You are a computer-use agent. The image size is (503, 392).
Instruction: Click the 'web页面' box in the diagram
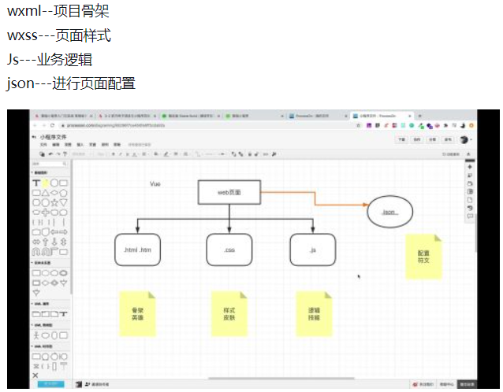pos(229,192)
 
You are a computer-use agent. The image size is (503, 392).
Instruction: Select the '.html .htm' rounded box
pos(137,250)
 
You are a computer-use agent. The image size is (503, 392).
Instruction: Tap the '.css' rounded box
pos(229,250)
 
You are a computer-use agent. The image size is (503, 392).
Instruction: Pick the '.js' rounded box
pos(312,250)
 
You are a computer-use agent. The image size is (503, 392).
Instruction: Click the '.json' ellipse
pos(389,212)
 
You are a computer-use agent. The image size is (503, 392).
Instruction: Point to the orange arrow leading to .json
pos(315,199)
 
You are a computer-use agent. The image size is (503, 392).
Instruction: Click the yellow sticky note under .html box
pos(138,314)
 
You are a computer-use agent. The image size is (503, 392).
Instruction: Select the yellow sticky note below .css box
pos(229,314)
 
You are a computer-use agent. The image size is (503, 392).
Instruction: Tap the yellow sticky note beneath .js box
pos(314,314)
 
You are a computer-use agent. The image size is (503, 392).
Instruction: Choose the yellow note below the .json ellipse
pos(423,256)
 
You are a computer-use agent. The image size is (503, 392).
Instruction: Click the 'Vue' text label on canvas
pos(155,183)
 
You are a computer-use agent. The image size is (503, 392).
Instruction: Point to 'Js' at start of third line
pos(13,60)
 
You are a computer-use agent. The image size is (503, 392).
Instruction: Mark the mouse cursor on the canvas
pos(359,276)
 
